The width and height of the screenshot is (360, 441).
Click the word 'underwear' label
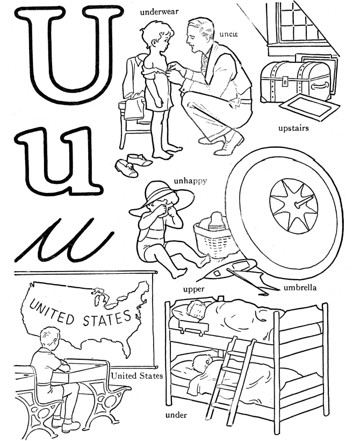click(159, 12)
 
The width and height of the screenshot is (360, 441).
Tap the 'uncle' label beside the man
click(228, 34)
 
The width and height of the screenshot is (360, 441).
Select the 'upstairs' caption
click(293, 129)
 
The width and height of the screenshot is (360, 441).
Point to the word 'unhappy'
click(190, 181)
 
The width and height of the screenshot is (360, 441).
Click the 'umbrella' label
click(300, 288)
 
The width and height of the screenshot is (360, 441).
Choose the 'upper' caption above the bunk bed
click(193, 289)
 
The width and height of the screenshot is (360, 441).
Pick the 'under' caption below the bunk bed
click(176, 415)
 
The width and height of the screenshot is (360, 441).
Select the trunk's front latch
click(285, 81)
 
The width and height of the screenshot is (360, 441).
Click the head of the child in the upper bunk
click(196, 310)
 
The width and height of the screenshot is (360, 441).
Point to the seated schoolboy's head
click(50, 338)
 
